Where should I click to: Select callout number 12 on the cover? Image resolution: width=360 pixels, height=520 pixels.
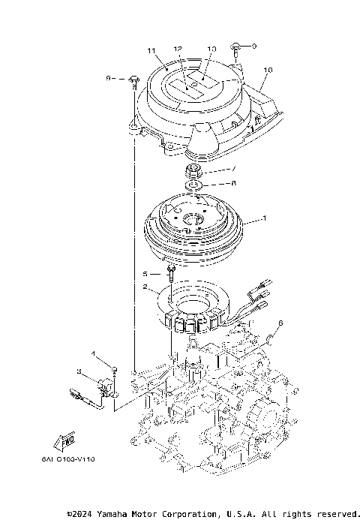[x=178, y=49]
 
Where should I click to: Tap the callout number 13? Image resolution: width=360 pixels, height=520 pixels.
[x=211, y=47]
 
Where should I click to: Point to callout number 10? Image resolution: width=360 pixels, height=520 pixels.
[x=268, y=71]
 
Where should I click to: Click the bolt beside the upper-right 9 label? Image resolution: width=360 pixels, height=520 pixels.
[x=236, y=48]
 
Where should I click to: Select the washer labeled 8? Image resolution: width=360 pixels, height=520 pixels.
[x=193, y=184]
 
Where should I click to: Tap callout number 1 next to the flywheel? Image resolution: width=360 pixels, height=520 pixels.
[x=263, y=220]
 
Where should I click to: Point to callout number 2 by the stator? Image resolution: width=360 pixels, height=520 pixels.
[x=145, y=286]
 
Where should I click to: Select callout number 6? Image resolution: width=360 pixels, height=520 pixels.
[x=280, y=323]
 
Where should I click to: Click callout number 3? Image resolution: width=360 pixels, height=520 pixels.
[x=79, y=371]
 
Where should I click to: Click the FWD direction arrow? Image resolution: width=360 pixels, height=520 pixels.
[x=63, y=442]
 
